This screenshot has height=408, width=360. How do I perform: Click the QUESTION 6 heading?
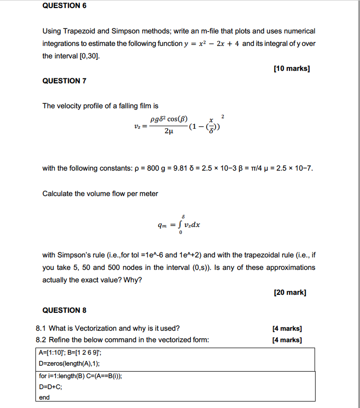[x=61, y=5]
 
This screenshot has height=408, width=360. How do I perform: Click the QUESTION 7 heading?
[x=64, y=81]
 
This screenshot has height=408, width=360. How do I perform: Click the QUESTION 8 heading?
[x=64, y=310]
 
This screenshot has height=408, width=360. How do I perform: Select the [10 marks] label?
[x=292, y=69]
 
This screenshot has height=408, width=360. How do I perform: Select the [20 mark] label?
[x=290, y=292]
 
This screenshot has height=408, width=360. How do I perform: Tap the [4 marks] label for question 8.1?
[x=287, y=328]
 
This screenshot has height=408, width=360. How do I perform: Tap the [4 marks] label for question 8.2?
[x=287, y=340]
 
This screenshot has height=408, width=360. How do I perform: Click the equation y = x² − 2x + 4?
[x=212, y=44]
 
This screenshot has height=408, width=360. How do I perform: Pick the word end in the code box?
[x=44, y=398]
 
